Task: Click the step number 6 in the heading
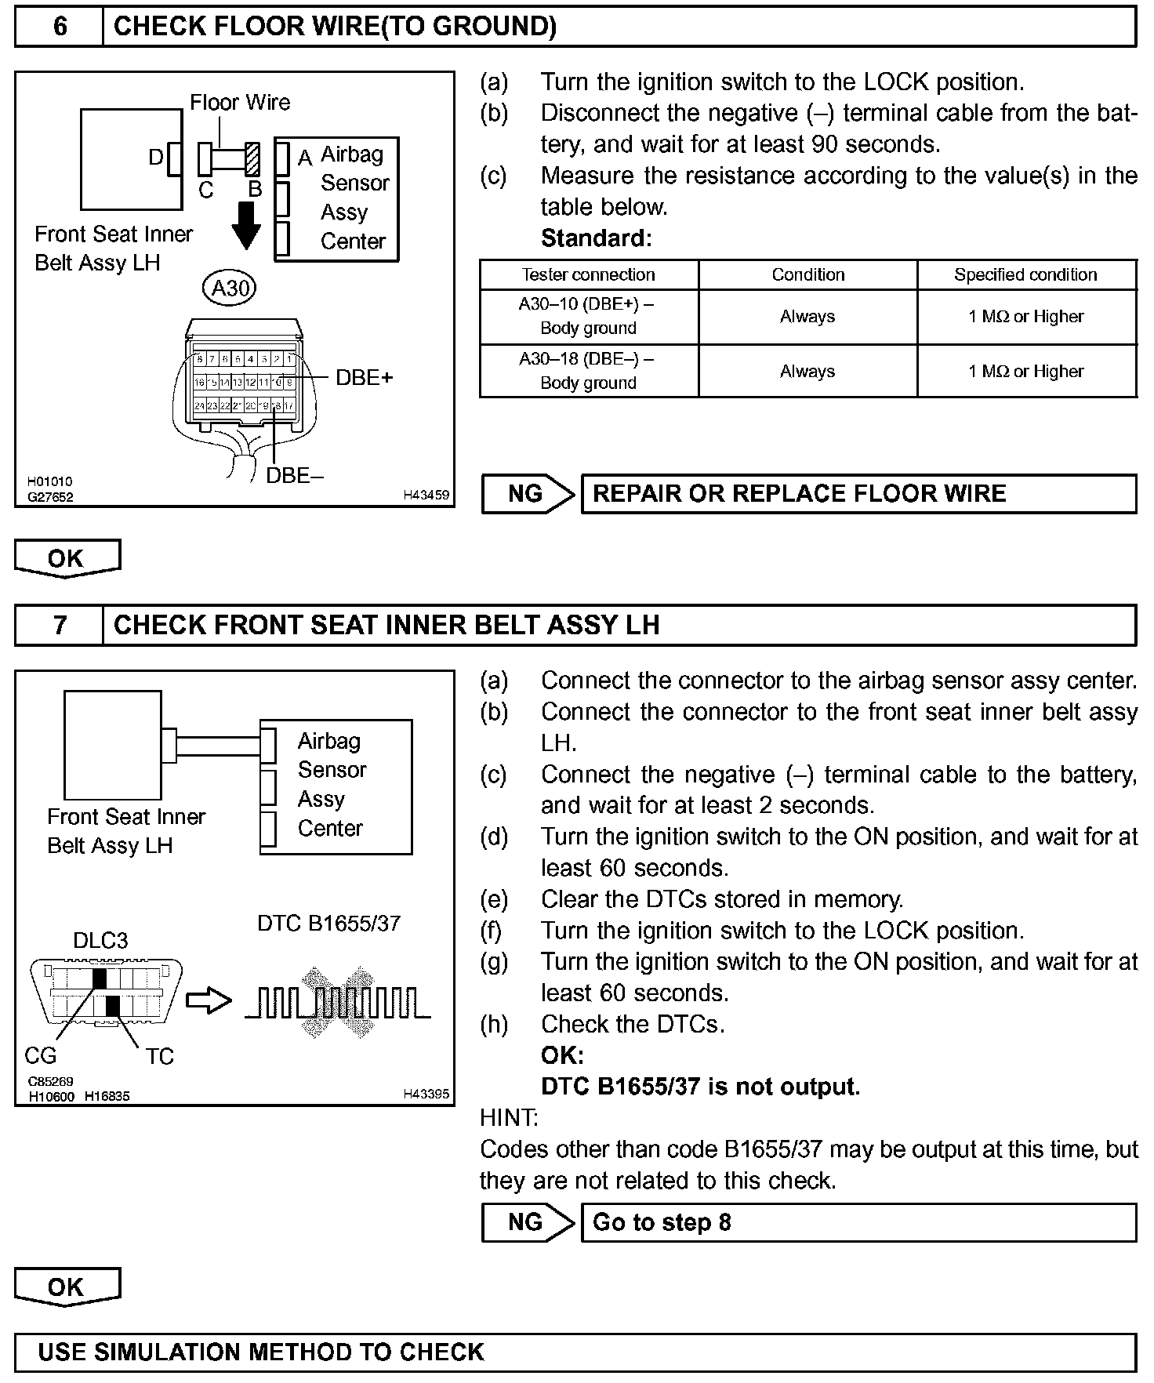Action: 60,27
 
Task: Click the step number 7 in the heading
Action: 60,625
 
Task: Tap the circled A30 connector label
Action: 230,289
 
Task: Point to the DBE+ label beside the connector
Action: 364,378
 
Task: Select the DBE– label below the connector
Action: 295,475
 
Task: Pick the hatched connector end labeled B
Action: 252,159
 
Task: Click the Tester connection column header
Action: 588,274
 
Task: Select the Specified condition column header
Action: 1025,274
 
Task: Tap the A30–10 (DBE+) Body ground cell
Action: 588,316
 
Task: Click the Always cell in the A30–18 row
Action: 807,371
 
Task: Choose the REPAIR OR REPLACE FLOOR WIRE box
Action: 858,493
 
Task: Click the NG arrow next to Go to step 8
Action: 528,1222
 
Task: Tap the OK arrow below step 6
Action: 67,558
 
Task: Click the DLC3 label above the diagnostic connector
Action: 100,940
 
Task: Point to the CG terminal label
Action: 40,1056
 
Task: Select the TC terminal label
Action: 159,1057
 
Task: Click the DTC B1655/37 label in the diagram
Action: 328,924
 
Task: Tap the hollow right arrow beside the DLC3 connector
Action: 209,1001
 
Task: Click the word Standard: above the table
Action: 596,238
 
